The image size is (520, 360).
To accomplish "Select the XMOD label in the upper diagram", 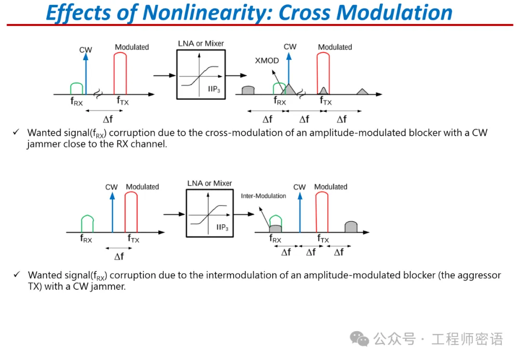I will (x=267, y=61).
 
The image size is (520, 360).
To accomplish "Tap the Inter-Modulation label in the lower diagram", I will (x=263, y=196).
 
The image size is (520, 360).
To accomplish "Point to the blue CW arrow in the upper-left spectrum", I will (x=86, y=72).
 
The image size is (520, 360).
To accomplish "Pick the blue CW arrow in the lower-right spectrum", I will (x=299, y=212).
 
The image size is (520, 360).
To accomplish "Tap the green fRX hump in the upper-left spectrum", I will (x=77, y=89).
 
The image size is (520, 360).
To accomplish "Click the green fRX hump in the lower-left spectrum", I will (x=87, y=224).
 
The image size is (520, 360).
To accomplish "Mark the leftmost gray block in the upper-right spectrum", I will (x=248, y=90).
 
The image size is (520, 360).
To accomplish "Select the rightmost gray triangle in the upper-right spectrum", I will (x=362, y=91).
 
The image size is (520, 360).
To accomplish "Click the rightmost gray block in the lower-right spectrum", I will (x=351, y=227).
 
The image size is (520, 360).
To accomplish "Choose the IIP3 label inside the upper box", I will (x=215, y=89).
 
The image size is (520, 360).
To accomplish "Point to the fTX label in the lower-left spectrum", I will (x=134, y=239).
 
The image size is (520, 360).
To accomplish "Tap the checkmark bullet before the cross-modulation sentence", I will (x=17, y=132).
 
